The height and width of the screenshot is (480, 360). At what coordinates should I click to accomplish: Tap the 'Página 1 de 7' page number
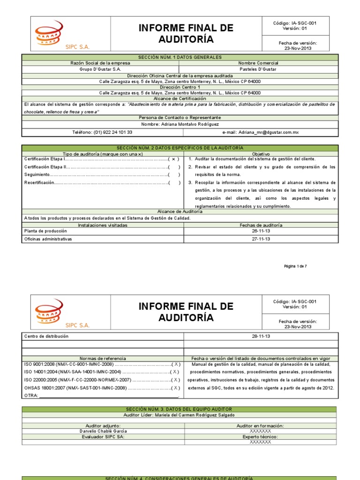295,266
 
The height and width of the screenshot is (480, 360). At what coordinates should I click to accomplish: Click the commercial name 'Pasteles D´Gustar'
258,69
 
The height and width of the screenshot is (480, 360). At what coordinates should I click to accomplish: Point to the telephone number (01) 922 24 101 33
102,133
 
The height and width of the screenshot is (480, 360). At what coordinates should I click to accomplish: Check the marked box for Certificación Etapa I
174,159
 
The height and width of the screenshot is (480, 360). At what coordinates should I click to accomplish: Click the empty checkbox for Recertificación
174,182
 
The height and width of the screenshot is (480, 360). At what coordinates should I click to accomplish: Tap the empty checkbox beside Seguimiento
174,174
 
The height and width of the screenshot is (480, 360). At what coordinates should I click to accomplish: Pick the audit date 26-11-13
261,231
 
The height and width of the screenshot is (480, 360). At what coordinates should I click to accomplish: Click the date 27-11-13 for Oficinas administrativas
261,239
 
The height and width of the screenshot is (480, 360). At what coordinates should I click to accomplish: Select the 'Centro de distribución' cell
46,336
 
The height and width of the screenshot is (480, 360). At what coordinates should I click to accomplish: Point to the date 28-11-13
261,336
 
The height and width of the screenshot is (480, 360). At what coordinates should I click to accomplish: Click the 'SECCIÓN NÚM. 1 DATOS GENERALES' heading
180,57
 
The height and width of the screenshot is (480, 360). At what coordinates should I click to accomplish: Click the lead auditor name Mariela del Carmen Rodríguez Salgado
179,415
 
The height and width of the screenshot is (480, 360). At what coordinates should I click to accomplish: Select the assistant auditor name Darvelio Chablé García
103,431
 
